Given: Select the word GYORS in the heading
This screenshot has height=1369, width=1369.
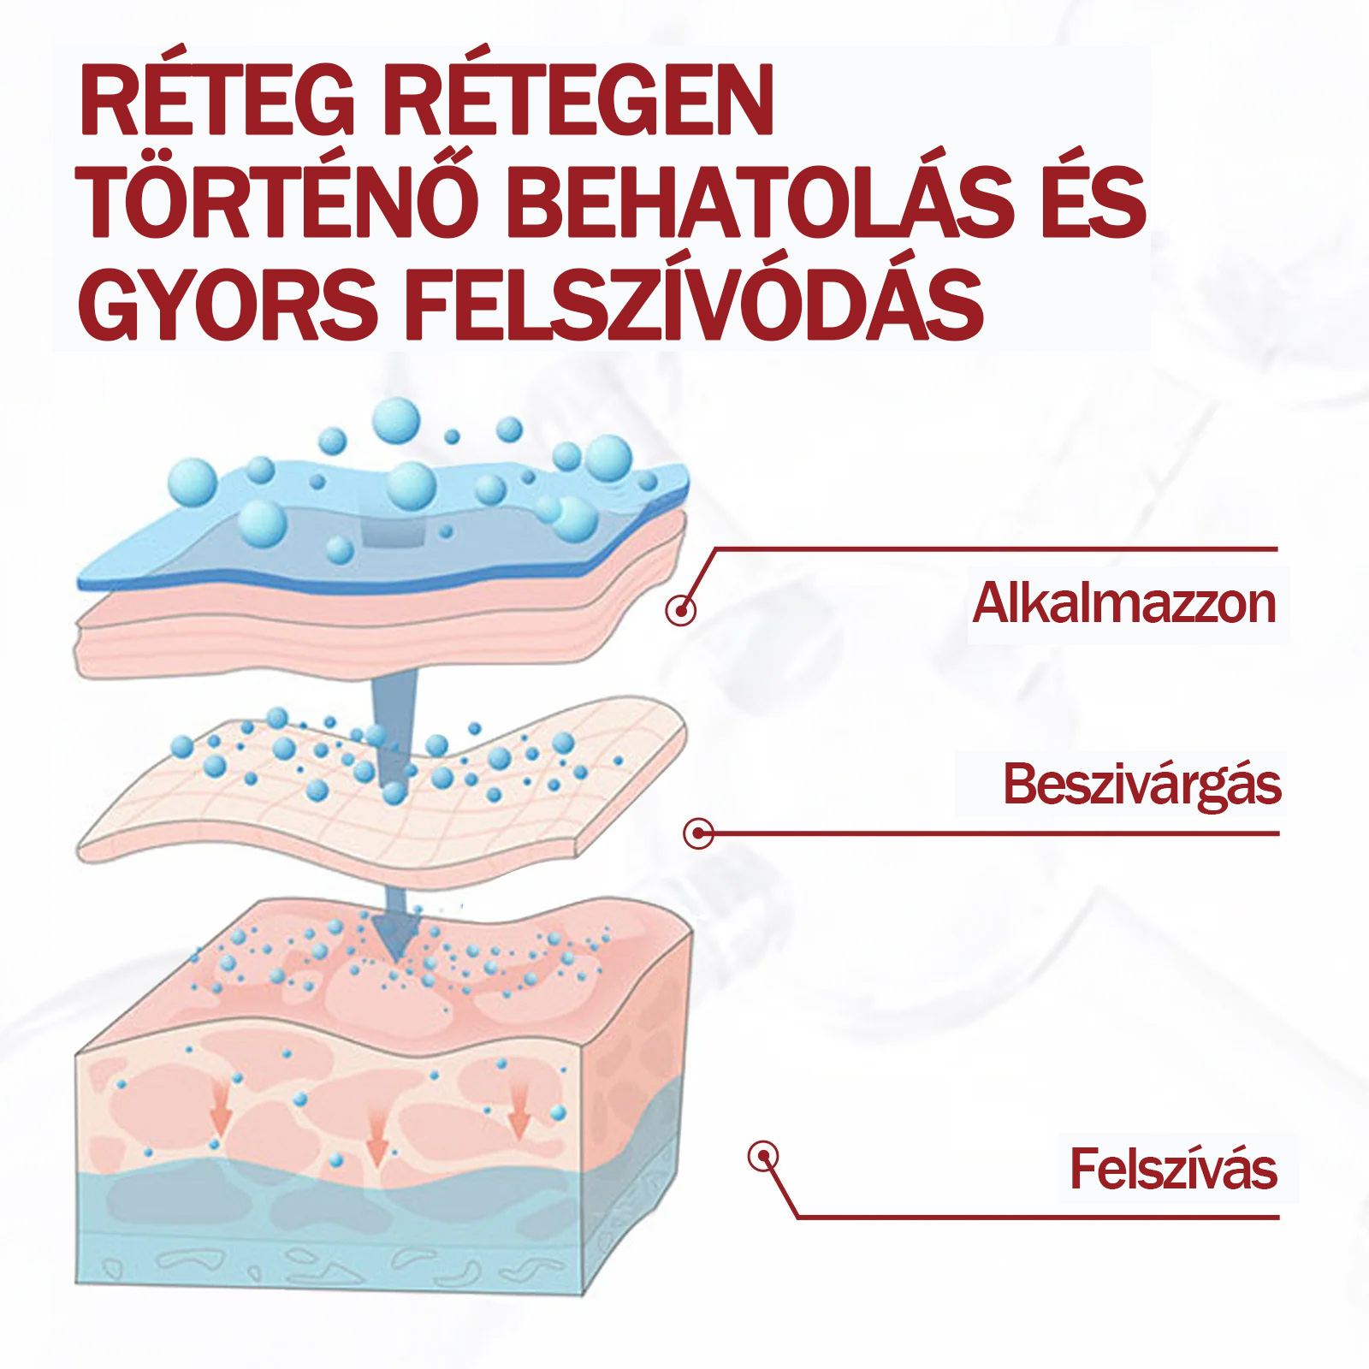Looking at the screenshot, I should (228, 305).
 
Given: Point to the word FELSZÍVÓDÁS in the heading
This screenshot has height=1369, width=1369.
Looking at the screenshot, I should (693, 305).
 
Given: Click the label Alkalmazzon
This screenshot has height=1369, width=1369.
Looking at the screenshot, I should (1124, 603).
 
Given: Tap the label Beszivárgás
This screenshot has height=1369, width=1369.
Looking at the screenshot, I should (1142, 784).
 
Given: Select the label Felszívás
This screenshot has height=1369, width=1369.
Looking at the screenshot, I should (1173, 1169).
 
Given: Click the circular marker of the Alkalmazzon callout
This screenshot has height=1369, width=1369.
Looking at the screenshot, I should (680, 610).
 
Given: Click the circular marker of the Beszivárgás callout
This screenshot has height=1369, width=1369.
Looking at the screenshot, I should (698, 833).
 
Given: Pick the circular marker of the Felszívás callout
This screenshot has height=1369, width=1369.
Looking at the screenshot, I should (762, 1157).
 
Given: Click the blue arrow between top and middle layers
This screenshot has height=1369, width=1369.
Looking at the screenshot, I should (394, 727).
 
